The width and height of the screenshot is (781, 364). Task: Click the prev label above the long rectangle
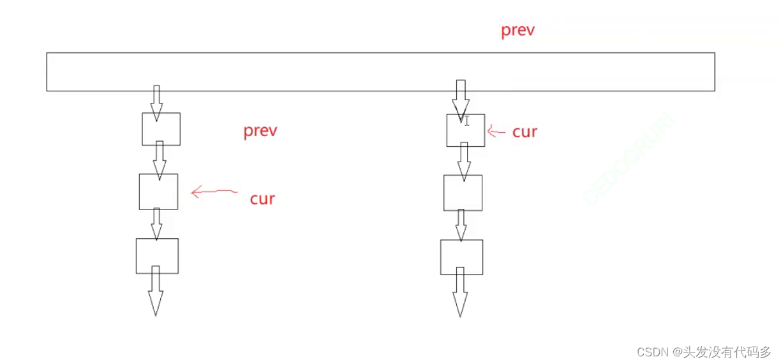click(x=517, y=31)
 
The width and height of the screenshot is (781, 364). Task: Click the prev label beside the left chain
click(x=260, y=132)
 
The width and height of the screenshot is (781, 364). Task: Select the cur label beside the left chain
click(x=262, y=199)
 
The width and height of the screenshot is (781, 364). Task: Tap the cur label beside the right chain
click(x=524, y=132)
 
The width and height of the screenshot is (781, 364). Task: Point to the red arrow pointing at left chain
click(x=214, y=191)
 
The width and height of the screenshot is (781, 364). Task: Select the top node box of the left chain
click(x=161, y=129)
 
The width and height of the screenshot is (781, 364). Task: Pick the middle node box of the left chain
click(x=158, y=192)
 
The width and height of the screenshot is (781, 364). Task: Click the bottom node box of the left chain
click(x=157, y=255)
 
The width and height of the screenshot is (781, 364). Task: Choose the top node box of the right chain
click(x=465, y=130)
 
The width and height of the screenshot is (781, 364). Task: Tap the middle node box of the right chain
click(x=463, y=193)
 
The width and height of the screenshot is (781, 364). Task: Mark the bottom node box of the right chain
click(x=461, y=257)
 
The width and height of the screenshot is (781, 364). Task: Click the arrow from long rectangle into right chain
click(x=461, y=97)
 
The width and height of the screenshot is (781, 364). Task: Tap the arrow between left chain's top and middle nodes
click(x=160, y=159)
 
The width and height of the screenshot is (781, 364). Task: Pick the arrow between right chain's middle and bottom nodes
click(x=461, y=225)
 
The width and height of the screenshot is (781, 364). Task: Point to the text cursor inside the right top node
click(x=467, y=120)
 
